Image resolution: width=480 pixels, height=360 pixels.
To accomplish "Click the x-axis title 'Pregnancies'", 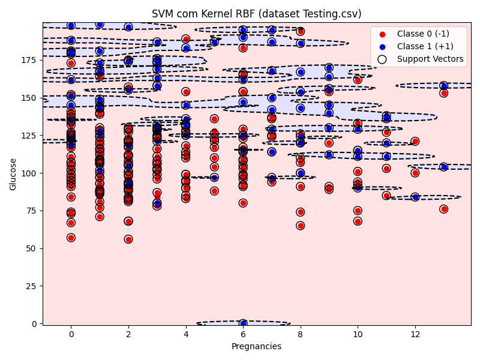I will click(x=256, y=346).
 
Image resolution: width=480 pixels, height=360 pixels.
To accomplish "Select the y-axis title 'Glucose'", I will click(x=13, y=174).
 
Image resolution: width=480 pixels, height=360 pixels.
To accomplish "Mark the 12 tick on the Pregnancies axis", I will click(x=415, y=334).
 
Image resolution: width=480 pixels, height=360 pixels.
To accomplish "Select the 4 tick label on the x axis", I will click(x=185, y=334).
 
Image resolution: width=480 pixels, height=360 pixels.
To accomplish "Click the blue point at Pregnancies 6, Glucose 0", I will click(x=243, y=323).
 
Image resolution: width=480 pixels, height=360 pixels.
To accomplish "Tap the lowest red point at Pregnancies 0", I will click(x=71, y=238).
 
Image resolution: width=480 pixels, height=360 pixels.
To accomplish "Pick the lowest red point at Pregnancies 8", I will click(x=300, y=226).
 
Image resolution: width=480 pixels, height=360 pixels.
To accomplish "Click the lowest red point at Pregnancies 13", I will click(x=443, y=209).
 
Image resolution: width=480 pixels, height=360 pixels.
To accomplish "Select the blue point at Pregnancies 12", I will click(x=415, y=197).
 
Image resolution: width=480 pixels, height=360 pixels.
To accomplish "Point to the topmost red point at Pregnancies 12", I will click(x=415, y=141).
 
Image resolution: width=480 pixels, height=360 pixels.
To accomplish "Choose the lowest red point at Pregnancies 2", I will click(x=128, y=239).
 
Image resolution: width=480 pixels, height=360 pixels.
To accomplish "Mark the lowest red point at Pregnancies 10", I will click(x=358, y=221).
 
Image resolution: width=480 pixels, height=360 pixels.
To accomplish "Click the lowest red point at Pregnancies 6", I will click(x=243, y=203).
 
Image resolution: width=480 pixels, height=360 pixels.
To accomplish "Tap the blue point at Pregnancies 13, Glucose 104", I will click(x=443, y=167).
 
